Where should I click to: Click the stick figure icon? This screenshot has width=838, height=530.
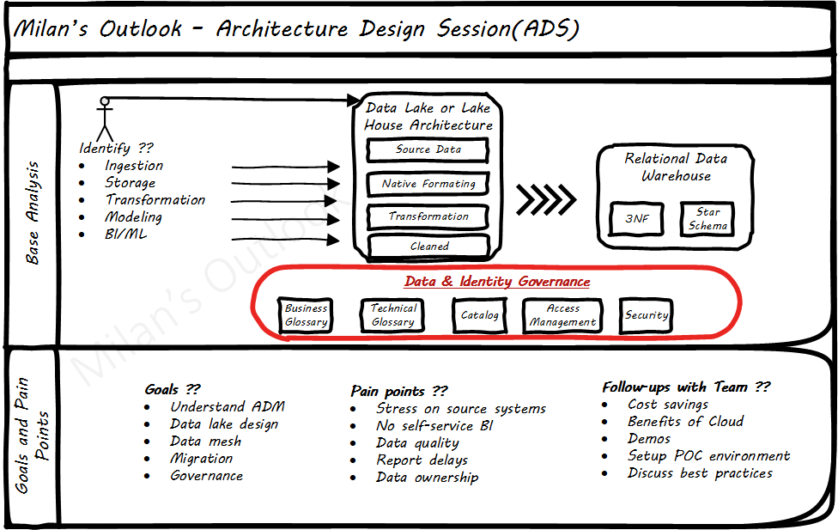pyautogui.click(x=105, y=119)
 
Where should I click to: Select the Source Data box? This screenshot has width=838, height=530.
pyautogui.click(x=428, y=150)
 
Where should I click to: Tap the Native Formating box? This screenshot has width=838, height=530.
pyautogui.click(x=428, y=184)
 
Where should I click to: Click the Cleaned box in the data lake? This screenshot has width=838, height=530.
pyautogui.click(x=428, y=247)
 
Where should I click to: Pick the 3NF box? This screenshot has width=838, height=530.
pyautogui.click(x=637, y=219)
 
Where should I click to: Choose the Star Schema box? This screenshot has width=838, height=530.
pyautogui.click(x=707, y=218)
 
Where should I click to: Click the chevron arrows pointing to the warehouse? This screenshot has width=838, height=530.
pyautogui.click(x=546, y=200)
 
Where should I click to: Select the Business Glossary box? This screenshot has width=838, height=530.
pyautogui.click(x=307, y=315)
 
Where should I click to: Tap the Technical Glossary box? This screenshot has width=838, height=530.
pyautogui.click(x=393, y=315)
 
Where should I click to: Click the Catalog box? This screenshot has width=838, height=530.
pyautogui.click(x=479, y=315)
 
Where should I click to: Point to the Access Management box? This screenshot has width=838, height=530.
pyautogui.click(x=562, y=315)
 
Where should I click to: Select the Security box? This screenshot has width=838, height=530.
pyautogui.click(x=646, y=315)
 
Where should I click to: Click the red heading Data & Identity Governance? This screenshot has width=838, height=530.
pyautogui.click(x=497, y=282)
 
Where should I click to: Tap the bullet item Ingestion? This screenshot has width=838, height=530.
pyautogui.click(x=134, y=166)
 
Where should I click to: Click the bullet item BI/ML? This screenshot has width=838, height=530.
pyautogui.click(x=125, y=235)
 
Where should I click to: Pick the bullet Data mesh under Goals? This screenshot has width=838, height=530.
pyautogui.click(x=205, y=442)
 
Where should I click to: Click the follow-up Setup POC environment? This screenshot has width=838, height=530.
pyautogui.click(x=708, y=456)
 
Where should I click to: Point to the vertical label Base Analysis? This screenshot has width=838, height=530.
pyautogui.click(x=33, y=212)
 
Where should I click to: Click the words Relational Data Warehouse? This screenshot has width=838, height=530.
pyautogui.click(x=676, y=167)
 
